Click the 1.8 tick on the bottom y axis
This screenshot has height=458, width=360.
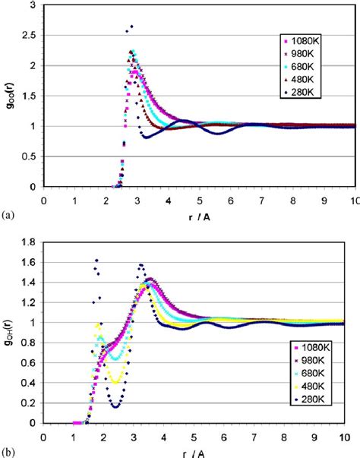click(30, 242)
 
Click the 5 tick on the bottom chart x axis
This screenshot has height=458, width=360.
click(194, 437)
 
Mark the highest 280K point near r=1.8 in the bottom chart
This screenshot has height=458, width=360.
click(96, 261)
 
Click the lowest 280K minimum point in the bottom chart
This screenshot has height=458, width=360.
click(115, 406)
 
